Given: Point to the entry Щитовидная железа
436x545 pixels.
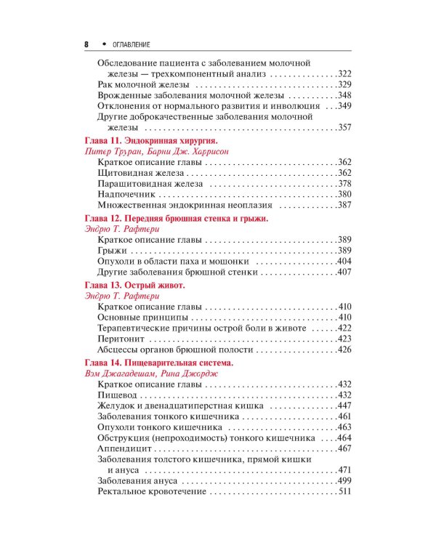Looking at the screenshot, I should [137, 172].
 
